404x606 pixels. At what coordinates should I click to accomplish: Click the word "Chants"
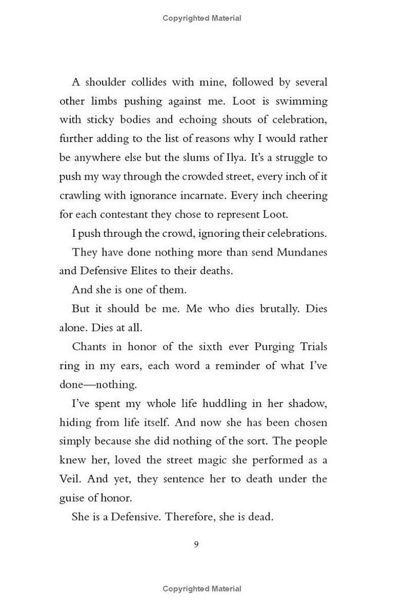(x=89, y=347)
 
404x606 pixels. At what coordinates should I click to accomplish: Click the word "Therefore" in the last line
(x=189, y=517)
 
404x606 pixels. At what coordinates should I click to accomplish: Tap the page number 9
(x=196, y=544)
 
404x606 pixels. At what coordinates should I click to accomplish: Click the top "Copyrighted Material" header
(x=202, y=18)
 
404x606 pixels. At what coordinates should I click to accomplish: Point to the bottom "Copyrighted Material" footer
(x=202, y=589)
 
